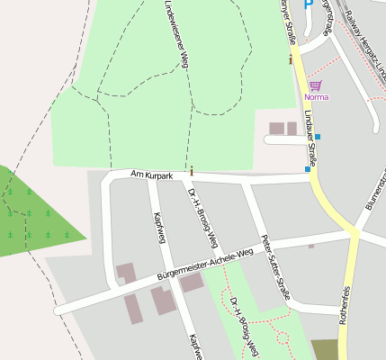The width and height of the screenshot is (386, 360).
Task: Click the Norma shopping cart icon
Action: tap(315, 85)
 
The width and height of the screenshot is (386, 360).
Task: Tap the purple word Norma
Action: tap(316, 97)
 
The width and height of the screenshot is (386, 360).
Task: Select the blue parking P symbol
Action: tap(308, 4)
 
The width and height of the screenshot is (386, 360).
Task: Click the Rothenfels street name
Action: tap(344, 305)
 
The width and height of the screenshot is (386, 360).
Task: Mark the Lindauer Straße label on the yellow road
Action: tap(309, 133)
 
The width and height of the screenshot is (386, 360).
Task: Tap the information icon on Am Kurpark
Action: tap(192, 169)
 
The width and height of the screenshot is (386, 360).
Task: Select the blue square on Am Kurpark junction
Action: tap(308, 168)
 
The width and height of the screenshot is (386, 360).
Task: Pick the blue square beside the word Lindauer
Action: tap(318, 137)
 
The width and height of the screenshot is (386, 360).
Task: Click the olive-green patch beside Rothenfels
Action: tap(324, 349)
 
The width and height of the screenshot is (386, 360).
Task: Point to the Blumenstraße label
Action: tap(374, 193)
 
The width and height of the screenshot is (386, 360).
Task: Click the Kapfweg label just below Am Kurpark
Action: tap(159, 226)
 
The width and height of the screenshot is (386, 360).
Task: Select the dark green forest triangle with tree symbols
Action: tap(36, 216)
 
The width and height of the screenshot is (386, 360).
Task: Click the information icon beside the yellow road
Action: tap(291, 60)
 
